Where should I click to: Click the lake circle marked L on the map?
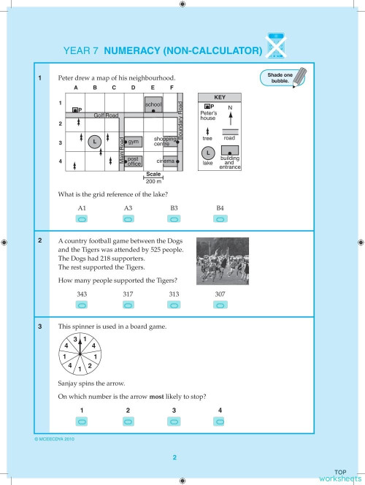click(93, 141)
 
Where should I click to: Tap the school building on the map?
click(153, 104)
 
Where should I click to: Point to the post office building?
click(133, 161)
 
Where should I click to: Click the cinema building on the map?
click(168, 161)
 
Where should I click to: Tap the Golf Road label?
click(106, 115)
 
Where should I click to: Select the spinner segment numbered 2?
click(89, 364)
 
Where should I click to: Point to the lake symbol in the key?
click(208, 154)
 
